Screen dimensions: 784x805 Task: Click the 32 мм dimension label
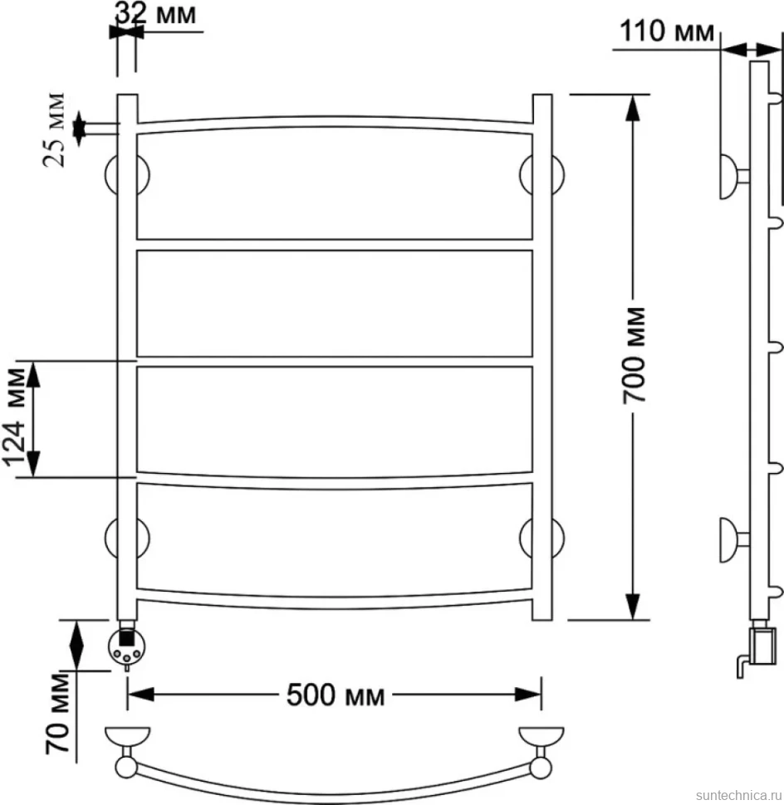155,14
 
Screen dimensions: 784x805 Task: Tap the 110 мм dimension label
667,32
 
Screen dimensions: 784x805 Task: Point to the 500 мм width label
335,695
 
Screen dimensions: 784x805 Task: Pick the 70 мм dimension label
57,715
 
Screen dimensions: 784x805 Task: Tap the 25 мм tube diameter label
54,130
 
